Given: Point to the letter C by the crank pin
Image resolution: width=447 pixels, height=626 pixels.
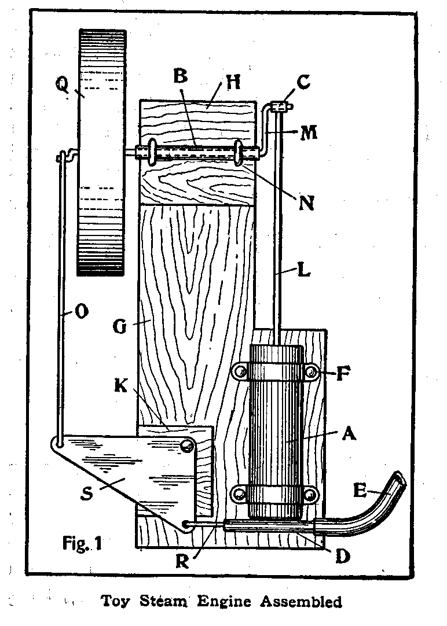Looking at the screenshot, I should click(303, 82).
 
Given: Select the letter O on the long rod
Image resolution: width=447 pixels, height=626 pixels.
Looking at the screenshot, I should click(82, 312).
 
